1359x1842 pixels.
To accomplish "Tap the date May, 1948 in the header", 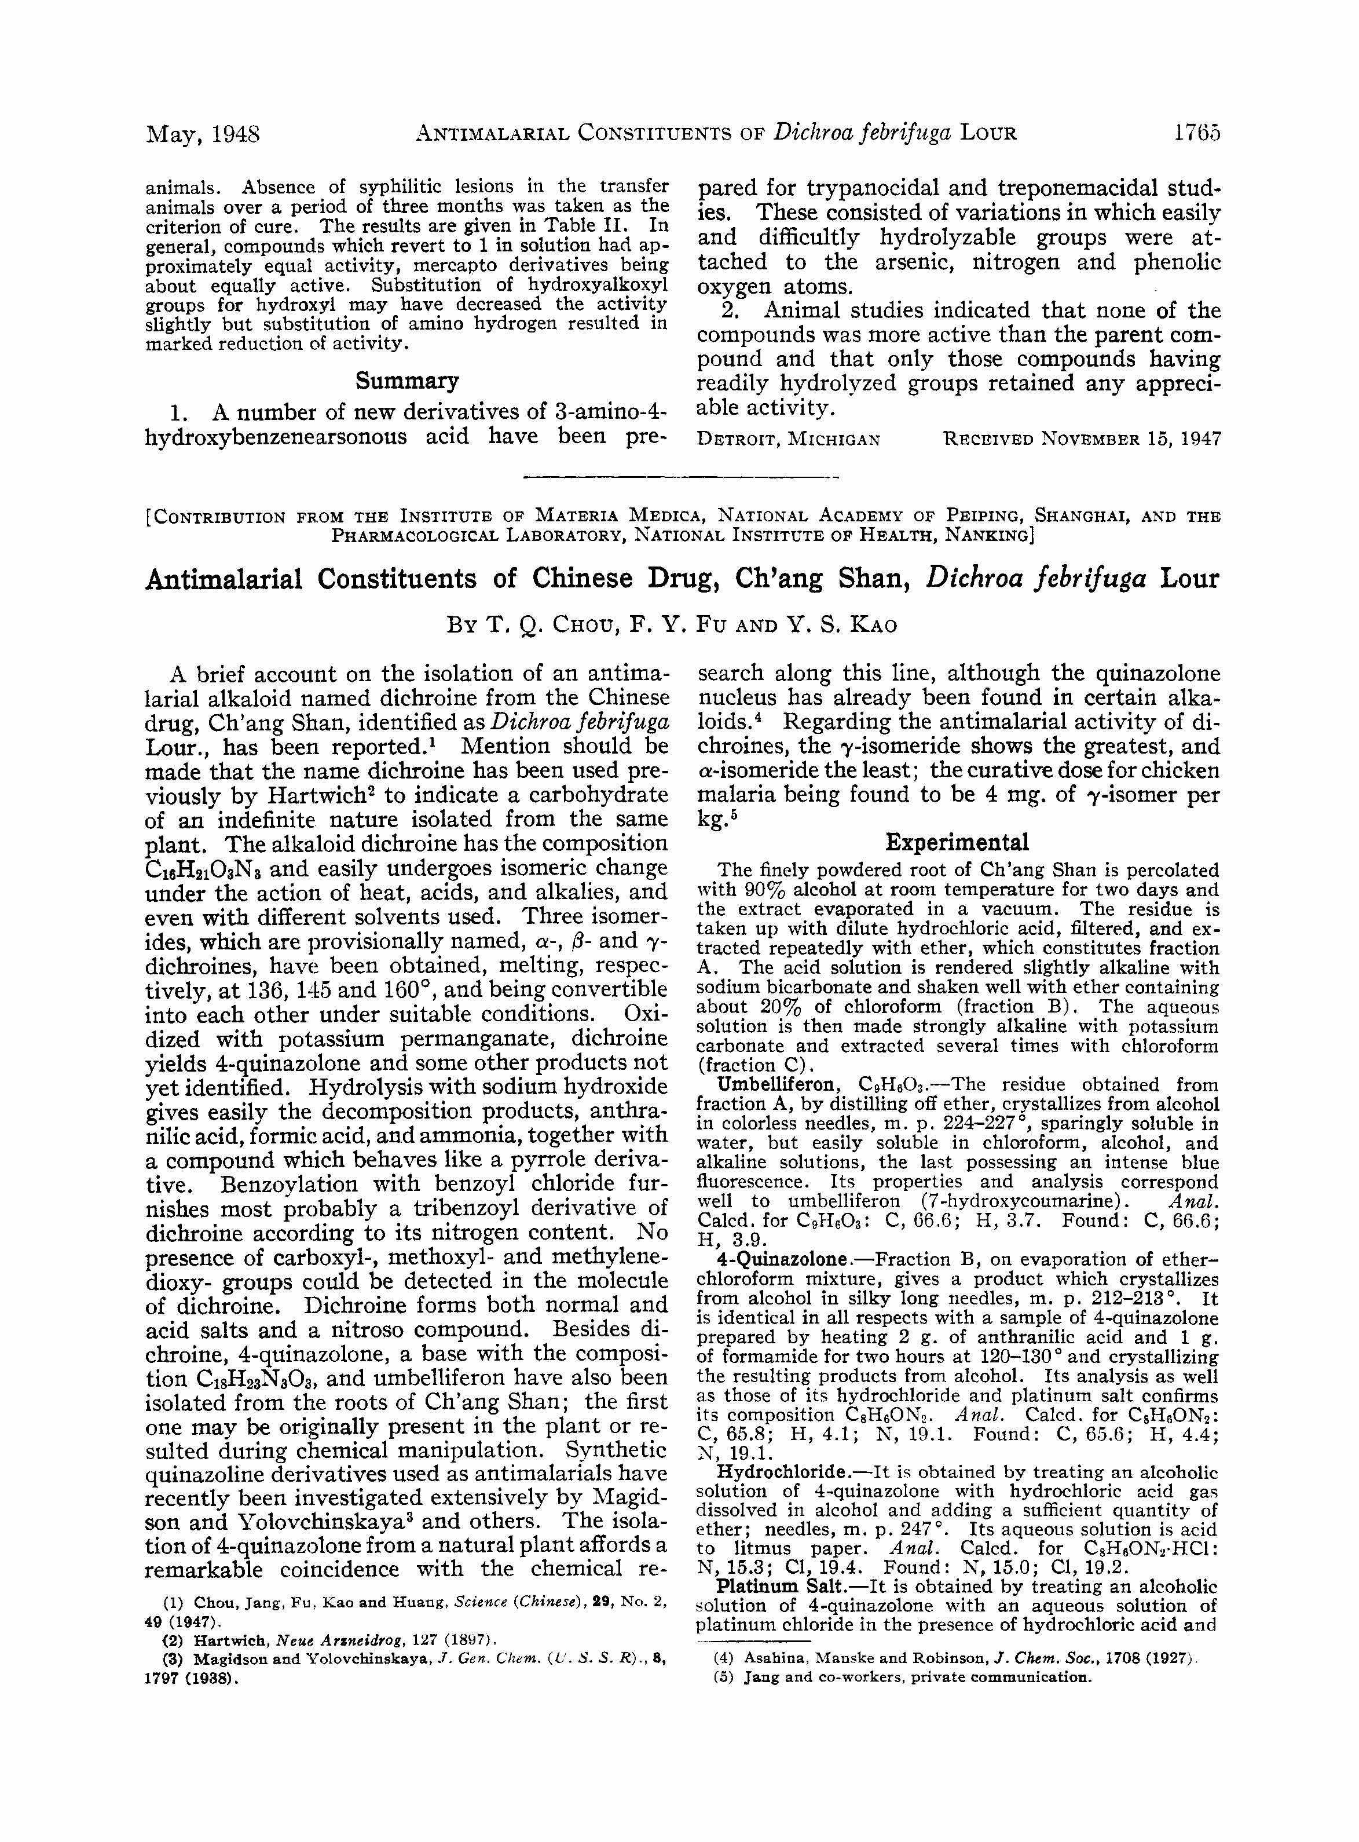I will click(x=202, y=134).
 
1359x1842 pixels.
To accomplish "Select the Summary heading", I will click(x=406, y=381).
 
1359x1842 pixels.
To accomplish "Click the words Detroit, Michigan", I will click(x=788, y=439).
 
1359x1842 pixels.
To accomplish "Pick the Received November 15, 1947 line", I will click(x=1081, y=439).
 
